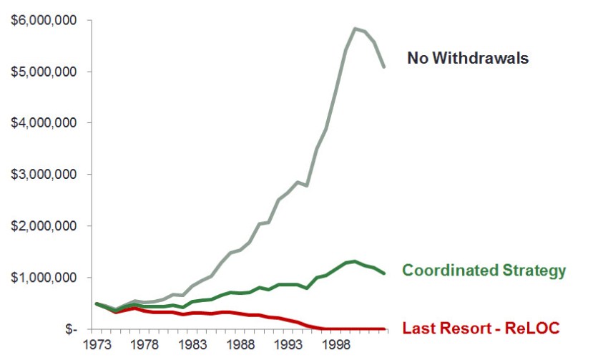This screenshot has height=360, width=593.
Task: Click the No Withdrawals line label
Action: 468,59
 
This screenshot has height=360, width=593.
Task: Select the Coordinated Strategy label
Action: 484,271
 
